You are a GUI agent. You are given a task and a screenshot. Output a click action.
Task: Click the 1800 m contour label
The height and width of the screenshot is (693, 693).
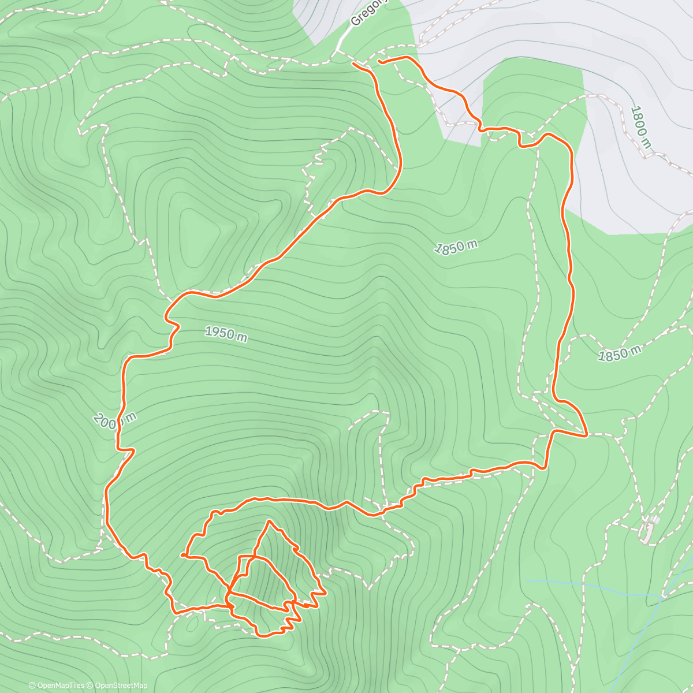coord(640,127)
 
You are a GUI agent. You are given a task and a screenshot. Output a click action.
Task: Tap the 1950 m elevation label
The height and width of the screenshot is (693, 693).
coord(226,334)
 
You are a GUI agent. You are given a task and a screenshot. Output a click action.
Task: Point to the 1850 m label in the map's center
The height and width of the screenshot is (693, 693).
coord(456,247)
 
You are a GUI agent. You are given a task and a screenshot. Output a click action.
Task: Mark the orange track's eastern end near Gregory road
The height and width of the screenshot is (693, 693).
coord(379,61)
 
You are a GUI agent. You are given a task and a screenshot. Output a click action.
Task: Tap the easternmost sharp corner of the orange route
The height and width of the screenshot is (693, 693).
coord(587,434)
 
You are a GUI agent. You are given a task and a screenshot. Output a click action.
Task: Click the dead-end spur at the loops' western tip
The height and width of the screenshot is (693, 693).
coord(182,555)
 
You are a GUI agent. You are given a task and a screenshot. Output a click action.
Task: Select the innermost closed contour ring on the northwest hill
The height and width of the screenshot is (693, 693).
coord(199,231)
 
